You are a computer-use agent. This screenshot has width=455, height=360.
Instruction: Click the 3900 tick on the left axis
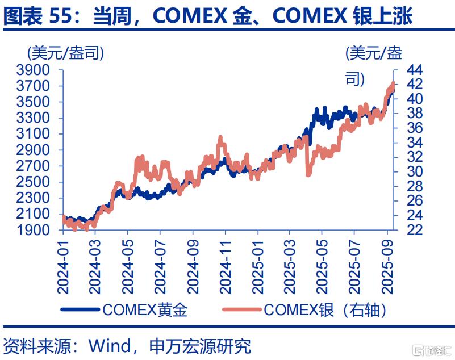point(34,70)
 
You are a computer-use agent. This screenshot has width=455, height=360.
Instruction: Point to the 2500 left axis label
point(34,182)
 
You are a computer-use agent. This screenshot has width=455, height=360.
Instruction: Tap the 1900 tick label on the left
point(34,230)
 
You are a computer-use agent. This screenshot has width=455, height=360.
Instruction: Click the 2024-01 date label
point(63,267)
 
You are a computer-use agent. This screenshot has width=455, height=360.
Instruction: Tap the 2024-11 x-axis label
point(226,267)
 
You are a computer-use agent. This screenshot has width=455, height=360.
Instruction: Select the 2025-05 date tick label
point(322,267)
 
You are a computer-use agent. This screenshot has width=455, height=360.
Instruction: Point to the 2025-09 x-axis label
point(387,267)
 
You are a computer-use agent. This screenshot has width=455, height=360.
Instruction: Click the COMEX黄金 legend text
point(145,310)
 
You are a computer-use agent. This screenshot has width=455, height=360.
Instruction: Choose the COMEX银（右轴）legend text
point(325,310)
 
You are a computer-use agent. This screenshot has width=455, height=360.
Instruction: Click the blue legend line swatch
point(80,309)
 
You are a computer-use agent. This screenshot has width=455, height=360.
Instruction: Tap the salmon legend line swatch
point(242,309)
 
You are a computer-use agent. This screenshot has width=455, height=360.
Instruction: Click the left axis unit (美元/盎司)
point(65,53)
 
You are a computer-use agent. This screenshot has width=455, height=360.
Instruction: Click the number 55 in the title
point(60,16)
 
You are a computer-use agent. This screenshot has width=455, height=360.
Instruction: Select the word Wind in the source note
point(110,346)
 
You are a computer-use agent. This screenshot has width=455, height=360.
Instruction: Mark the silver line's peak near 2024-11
point(220,137)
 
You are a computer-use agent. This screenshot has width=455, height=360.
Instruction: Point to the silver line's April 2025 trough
point(308,175)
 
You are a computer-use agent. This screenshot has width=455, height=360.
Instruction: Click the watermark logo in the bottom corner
point(432,350)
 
